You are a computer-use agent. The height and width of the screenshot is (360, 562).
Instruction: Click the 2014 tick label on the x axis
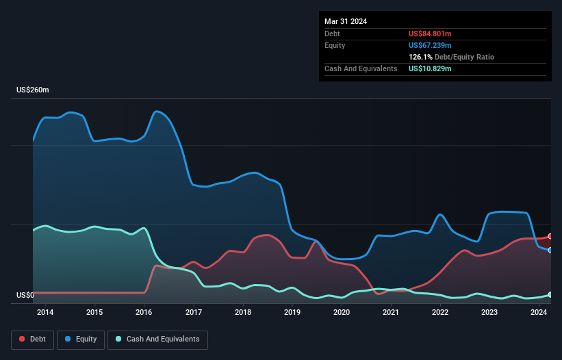click(x=45, y=313)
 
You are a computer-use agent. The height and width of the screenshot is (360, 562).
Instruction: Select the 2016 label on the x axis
click(x=144, y=313)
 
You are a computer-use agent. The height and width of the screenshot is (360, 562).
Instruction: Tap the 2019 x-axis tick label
click(x=292, y=313)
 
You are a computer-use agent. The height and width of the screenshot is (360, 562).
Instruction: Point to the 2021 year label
click(x=391, y=313)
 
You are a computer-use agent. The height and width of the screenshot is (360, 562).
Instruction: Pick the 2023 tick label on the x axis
click(x=489, y=313)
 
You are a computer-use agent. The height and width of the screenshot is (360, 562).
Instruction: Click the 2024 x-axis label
click(x=539, y=313)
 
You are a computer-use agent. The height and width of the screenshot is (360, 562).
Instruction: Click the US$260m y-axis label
click(x=34, y=90)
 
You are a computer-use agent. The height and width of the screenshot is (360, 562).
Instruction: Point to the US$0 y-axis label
click(x=25, y=296)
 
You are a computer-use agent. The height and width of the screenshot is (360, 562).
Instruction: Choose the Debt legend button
click(x=34, y=339)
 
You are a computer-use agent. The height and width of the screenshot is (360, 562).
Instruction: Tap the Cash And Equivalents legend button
click(x=157, y=339)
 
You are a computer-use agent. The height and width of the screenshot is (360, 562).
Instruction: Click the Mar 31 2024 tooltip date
click(x=346, y=21)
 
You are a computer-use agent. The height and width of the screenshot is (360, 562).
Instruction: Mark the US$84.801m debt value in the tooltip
click(x=430, y=34)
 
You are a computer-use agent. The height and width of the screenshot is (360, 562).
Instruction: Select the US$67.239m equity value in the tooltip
click(x=430, y=45)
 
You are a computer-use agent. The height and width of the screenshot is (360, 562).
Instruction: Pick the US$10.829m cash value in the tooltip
click(x=430, y=68)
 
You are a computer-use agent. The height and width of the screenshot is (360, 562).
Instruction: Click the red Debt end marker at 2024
click(x=550, y=236)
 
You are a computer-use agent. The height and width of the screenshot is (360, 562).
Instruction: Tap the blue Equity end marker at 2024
click(x=550, y=250)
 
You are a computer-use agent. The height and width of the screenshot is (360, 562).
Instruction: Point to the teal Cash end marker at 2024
click(x=550, y=294)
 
